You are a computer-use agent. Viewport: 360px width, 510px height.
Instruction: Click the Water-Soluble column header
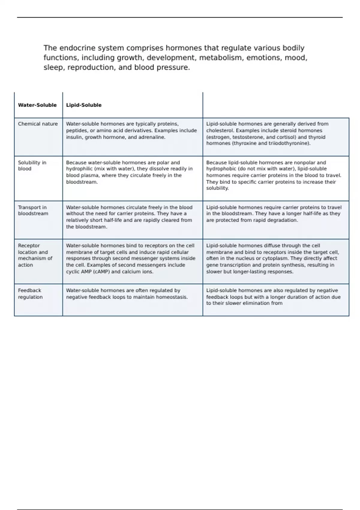click(x=37, y=105)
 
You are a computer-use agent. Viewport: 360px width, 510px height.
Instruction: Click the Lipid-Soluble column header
click(x=84, y=105)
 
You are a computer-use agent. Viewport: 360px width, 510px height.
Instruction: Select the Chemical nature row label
click(x=38, y=124)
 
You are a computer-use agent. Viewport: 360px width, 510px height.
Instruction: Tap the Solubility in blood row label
click(x=32, y=166)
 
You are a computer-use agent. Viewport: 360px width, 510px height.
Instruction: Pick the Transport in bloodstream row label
click(x=33, y=210)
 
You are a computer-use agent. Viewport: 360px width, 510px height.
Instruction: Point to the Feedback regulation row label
click(x=30, y=294)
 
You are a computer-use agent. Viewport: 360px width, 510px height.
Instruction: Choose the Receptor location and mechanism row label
click(x=35, y=255)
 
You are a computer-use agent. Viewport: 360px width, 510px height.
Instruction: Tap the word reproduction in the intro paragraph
click(x=91, y=67)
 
